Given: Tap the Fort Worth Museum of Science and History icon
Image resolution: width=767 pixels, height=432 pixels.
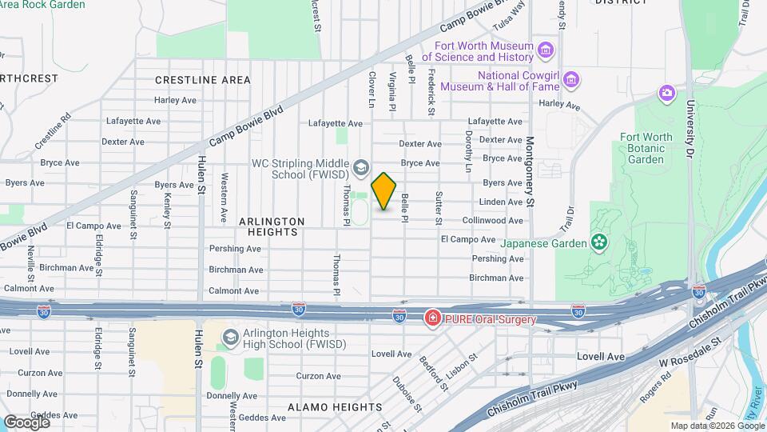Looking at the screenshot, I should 546,51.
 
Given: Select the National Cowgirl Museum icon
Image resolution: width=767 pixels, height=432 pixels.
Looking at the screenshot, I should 570,80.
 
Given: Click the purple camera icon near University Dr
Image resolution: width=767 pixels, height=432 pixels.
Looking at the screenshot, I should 666,94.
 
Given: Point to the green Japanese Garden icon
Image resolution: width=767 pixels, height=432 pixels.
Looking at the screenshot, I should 598,242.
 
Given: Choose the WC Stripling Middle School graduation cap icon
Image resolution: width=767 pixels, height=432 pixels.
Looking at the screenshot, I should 361,167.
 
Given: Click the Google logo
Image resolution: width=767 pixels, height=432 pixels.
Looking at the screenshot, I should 26,422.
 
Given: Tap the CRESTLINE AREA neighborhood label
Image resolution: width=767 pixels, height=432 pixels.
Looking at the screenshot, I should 202,80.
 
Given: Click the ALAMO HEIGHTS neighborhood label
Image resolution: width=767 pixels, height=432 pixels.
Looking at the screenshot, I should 335,407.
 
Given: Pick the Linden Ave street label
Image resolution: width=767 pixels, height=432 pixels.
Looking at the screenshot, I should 502,202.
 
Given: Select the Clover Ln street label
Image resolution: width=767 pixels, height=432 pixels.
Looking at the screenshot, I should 372,90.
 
